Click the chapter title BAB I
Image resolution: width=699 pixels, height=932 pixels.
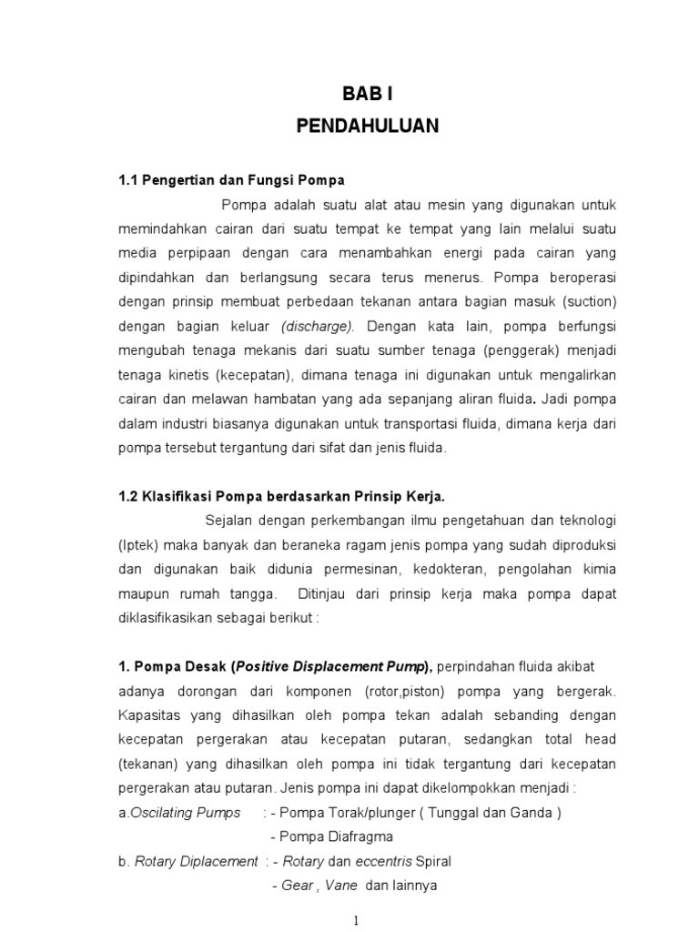click(368, 95)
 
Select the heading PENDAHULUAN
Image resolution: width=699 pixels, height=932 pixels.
click(368, 127)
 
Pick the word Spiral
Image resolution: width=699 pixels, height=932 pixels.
click(431, 861)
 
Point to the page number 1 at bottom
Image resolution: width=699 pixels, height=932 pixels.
click(358, 920)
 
